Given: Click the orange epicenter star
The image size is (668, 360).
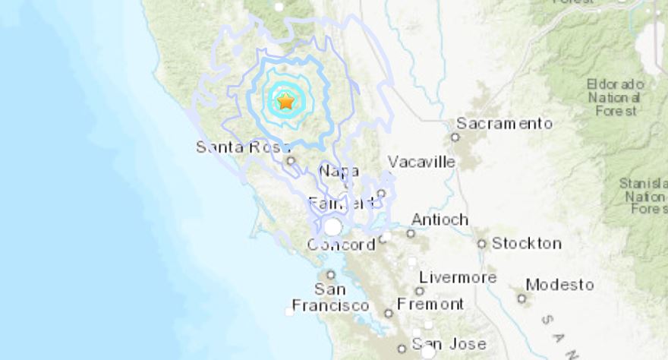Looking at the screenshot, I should pyautogui.click(x=285, y=101).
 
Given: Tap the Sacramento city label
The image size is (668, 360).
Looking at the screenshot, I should pyautogui.click(x=504, y=123).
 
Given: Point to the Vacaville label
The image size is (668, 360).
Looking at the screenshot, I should pyautogui.click(x=421, y=162).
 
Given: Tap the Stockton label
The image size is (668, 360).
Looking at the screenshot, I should pyautogui.click(x=527, y=244).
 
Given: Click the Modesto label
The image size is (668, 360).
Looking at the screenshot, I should pyautogui.click(x=559, y=285).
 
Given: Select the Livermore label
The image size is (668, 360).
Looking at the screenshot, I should pyautogui.click(x=457, y=277).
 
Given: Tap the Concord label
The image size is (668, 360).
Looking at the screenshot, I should pyautogui.click(x=341, y=245).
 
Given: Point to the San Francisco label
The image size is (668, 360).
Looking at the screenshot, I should pyautogui.click(x=341, y=297).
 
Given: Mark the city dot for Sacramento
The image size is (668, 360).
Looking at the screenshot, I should pyautogui.click(x=455, y=137).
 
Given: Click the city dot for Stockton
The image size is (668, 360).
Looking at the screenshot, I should pyautogui.click(x=481, y=244).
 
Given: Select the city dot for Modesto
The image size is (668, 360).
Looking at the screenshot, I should pyautogui.click(x=521, y=298).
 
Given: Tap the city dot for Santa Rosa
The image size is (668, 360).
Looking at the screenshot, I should pyautogui.click(x=290, y=160).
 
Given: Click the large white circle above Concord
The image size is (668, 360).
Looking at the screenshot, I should pyautogui.click(x=332, y=226).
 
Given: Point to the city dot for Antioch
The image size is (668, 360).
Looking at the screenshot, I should pyautogui.click(x=411, y=233).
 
